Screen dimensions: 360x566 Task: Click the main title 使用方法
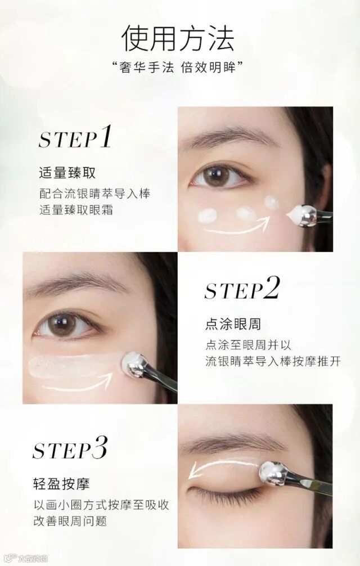pyautogui.click(x=178, y=39)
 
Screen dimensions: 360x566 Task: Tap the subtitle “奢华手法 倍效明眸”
pyautogui.click(x=178, y=67)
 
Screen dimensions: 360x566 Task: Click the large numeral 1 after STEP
pyautogui.click(x=105, y=137)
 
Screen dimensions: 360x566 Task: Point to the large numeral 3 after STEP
pyautogui.click(x=100, y=447)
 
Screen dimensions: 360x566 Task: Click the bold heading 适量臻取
pyautogui.click(x=67, y=173)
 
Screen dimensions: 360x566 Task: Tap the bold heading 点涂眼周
pyautogui.click(x=233, y=324)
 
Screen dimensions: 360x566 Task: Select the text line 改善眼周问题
pyautogui.click(x=70, y=521)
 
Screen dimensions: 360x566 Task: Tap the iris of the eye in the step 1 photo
pyautogui.click(x=213, y=176)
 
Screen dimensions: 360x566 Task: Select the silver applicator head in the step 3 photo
pyautogui.click(x=273, y=473)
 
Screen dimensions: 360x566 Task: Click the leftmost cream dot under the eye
pyautogui.click(x=207, y=216)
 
